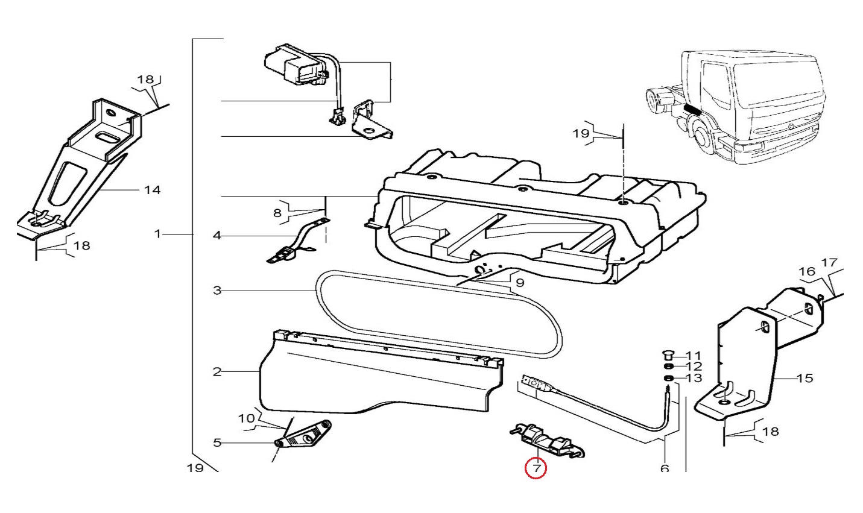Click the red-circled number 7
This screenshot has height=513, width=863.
(536, 468)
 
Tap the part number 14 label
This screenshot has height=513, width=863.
(152, 190)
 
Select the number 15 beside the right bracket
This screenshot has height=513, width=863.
(805, 379)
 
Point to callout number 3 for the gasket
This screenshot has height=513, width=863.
(217, 291)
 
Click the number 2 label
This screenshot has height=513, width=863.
(217, 372)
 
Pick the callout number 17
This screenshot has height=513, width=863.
(830, 263)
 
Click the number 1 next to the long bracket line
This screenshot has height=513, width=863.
(158, 233)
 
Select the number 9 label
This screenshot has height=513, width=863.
(519, 282)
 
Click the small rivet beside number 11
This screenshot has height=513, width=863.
(668, 355)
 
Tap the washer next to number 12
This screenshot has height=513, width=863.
(668, 367)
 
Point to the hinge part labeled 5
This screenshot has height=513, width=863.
(302, 435)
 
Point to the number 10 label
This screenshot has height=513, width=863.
(247, 418)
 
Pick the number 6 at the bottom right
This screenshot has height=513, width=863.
(665, 468)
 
